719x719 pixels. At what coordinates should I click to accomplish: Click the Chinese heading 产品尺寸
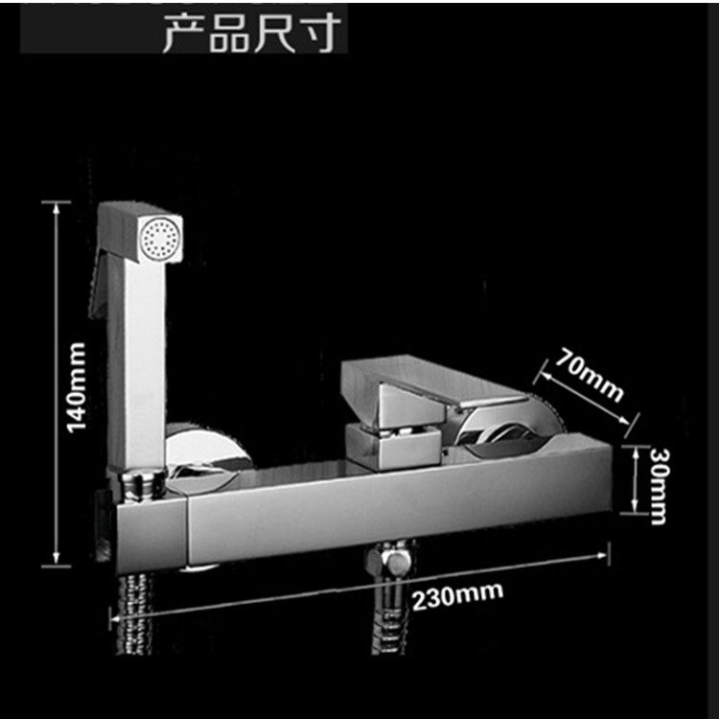coord(250,31)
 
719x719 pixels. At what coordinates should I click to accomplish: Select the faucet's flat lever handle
coord(431,383)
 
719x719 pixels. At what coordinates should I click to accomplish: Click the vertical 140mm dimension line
coord(57,383)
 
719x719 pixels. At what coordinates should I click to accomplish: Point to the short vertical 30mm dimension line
coord(634,479)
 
